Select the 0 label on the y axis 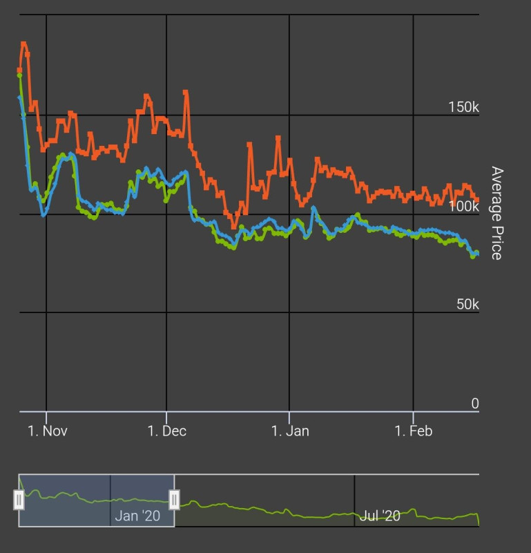pos(475,403)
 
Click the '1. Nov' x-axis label pos(48,431)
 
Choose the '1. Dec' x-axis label pos(166,431)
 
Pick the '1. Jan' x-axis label pos(290,431)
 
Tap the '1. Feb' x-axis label pos(413,431)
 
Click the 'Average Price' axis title pos(496,213)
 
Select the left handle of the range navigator pos(19,499)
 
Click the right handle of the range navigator pos(175,499)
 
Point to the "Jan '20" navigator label pos(137,516)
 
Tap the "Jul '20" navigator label pos(380,516)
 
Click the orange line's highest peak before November pos(23,44)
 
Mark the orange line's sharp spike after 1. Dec pos(186,91)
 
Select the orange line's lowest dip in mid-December pos(234,225)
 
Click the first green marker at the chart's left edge pos(19,75)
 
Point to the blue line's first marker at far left pos(19,97)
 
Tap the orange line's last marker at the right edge pos(476,200)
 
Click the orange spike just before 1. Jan pos(278,138)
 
